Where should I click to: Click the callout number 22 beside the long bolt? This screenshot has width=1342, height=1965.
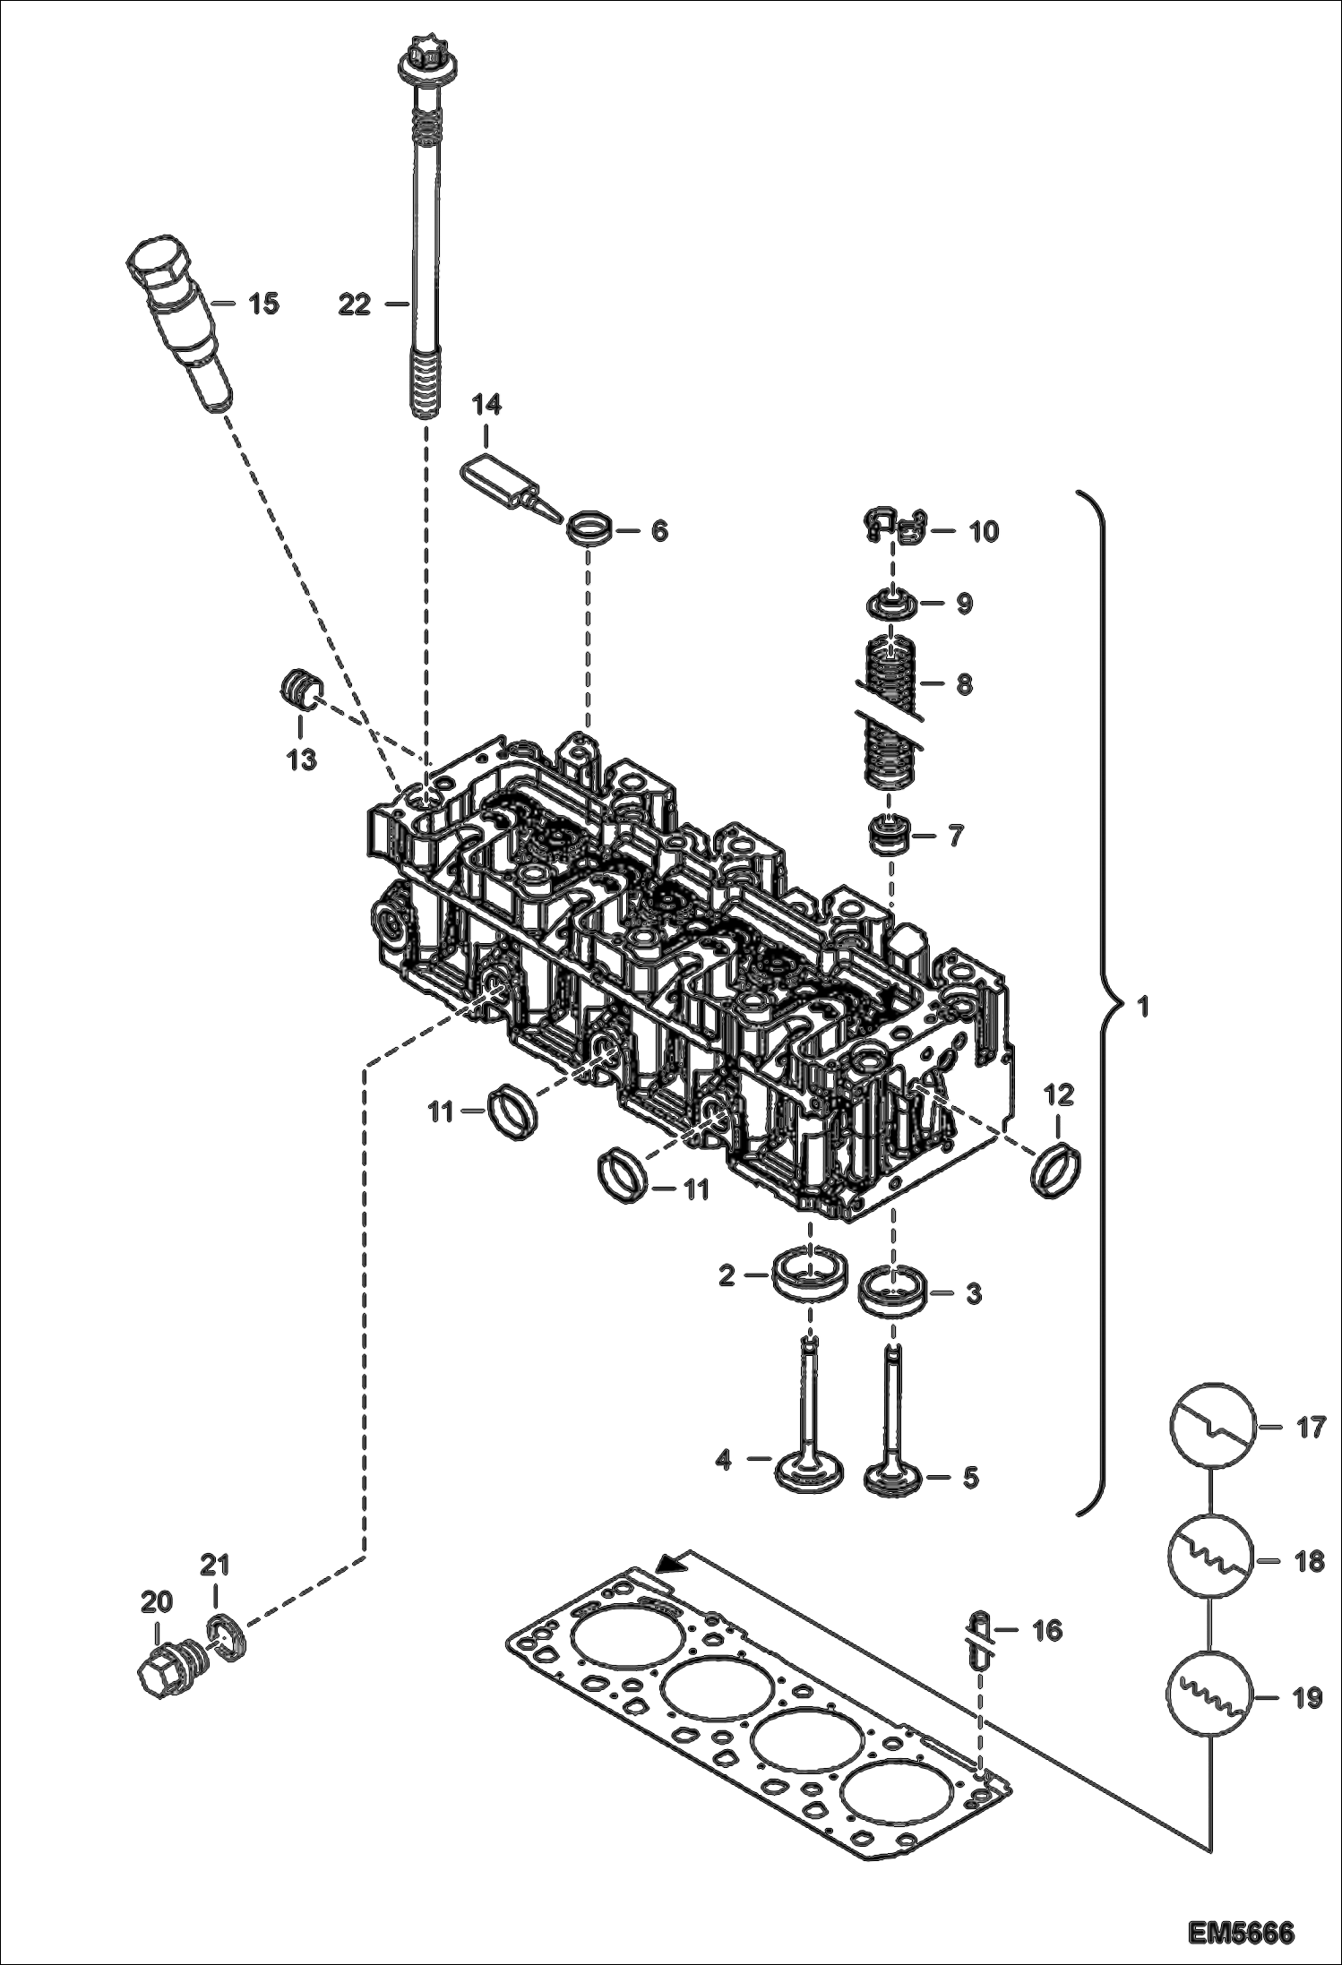click(354, 305)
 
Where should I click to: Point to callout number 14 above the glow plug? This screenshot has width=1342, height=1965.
click(487, 406)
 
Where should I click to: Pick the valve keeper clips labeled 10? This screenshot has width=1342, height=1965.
click(897, 528)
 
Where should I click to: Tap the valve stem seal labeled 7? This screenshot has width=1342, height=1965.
click(892, 836)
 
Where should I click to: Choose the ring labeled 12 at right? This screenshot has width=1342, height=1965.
click(1058, 1167)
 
